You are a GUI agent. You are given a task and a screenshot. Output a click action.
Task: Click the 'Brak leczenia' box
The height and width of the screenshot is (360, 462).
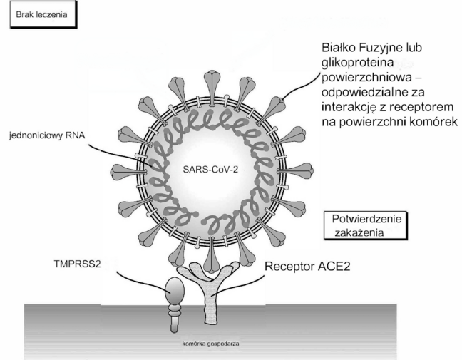43,15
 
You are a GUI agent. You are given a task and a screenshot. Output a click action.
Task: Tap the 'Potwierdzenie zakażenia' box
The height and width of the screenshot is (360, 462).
366,226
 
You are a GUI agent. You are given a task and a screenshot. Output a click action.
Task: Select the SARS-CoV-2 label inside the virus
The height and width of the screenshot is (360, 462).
210,170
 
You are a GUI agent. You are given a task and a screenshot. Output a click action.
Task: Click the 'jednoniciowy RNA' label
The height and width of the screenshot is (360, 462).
47,135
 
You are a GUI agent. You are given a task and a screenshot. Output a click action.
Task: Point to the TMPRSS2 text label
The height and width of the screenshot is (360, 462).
77,264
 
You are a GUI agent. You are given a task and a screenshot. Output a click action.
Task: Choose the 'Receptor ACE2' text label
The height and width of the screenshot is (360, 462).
307,267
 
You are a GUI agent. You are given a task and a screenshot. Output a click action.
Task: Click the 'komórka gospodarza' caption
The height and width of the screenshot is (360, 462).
210,344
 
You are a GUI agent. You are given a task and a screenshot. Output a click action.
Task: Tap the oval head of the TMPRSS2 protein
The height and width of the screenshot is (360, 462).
175,290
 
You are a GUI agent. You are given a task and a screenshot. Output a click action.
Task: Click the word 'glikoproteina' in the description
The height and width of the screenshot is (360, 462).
358,63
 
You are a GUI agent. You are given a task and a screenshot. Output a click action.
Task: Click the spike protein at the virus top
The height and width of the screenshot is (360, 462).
212,86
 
